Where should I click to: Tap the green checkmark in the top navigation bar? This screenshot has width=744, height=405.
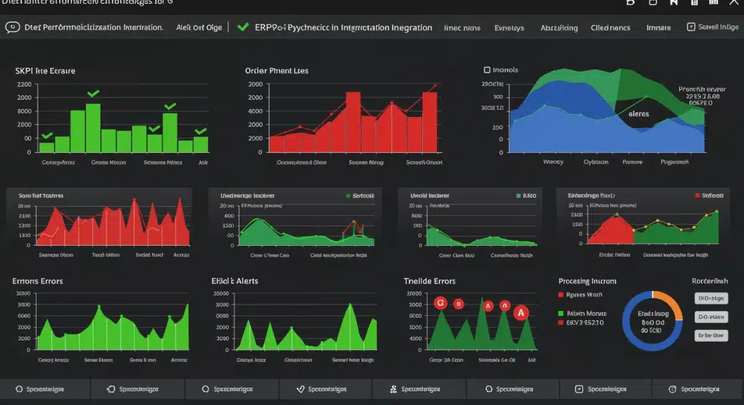244,27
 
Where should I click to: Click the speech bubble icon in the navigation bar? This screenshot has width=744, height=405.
12,27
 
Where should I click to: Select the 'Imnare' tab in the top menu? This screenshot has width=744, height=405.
658,28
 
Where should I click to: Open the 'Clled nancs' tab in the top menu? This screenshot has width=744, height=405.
610,28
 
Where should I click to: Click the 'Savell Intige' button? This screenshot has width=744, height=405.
713,27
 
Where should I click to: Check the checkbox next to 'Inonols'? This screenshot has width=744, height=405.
487,70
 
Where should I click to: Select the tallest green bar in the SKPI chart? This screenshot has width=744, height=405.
93,128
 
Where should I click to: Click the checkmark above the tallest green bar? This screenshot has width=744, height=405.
93,94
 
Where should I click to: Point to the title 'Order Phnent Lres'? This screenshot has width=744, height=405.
277,71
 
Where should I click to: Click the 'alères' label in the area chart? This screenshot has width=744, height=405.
639,114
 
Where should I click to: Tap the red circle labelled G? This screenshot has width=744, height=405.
441,303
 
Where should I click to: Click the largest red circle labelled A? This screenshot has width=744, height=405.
521,313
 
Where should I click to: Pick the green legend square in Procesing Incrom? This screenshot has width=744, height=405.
561,313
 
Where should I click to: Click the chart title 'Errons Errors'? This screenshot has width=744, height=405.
37,281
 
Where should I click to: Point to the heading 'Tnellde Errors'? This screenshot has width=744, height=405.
430,281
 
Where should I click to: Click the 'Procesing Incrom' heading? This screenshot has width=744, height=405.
587,281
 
